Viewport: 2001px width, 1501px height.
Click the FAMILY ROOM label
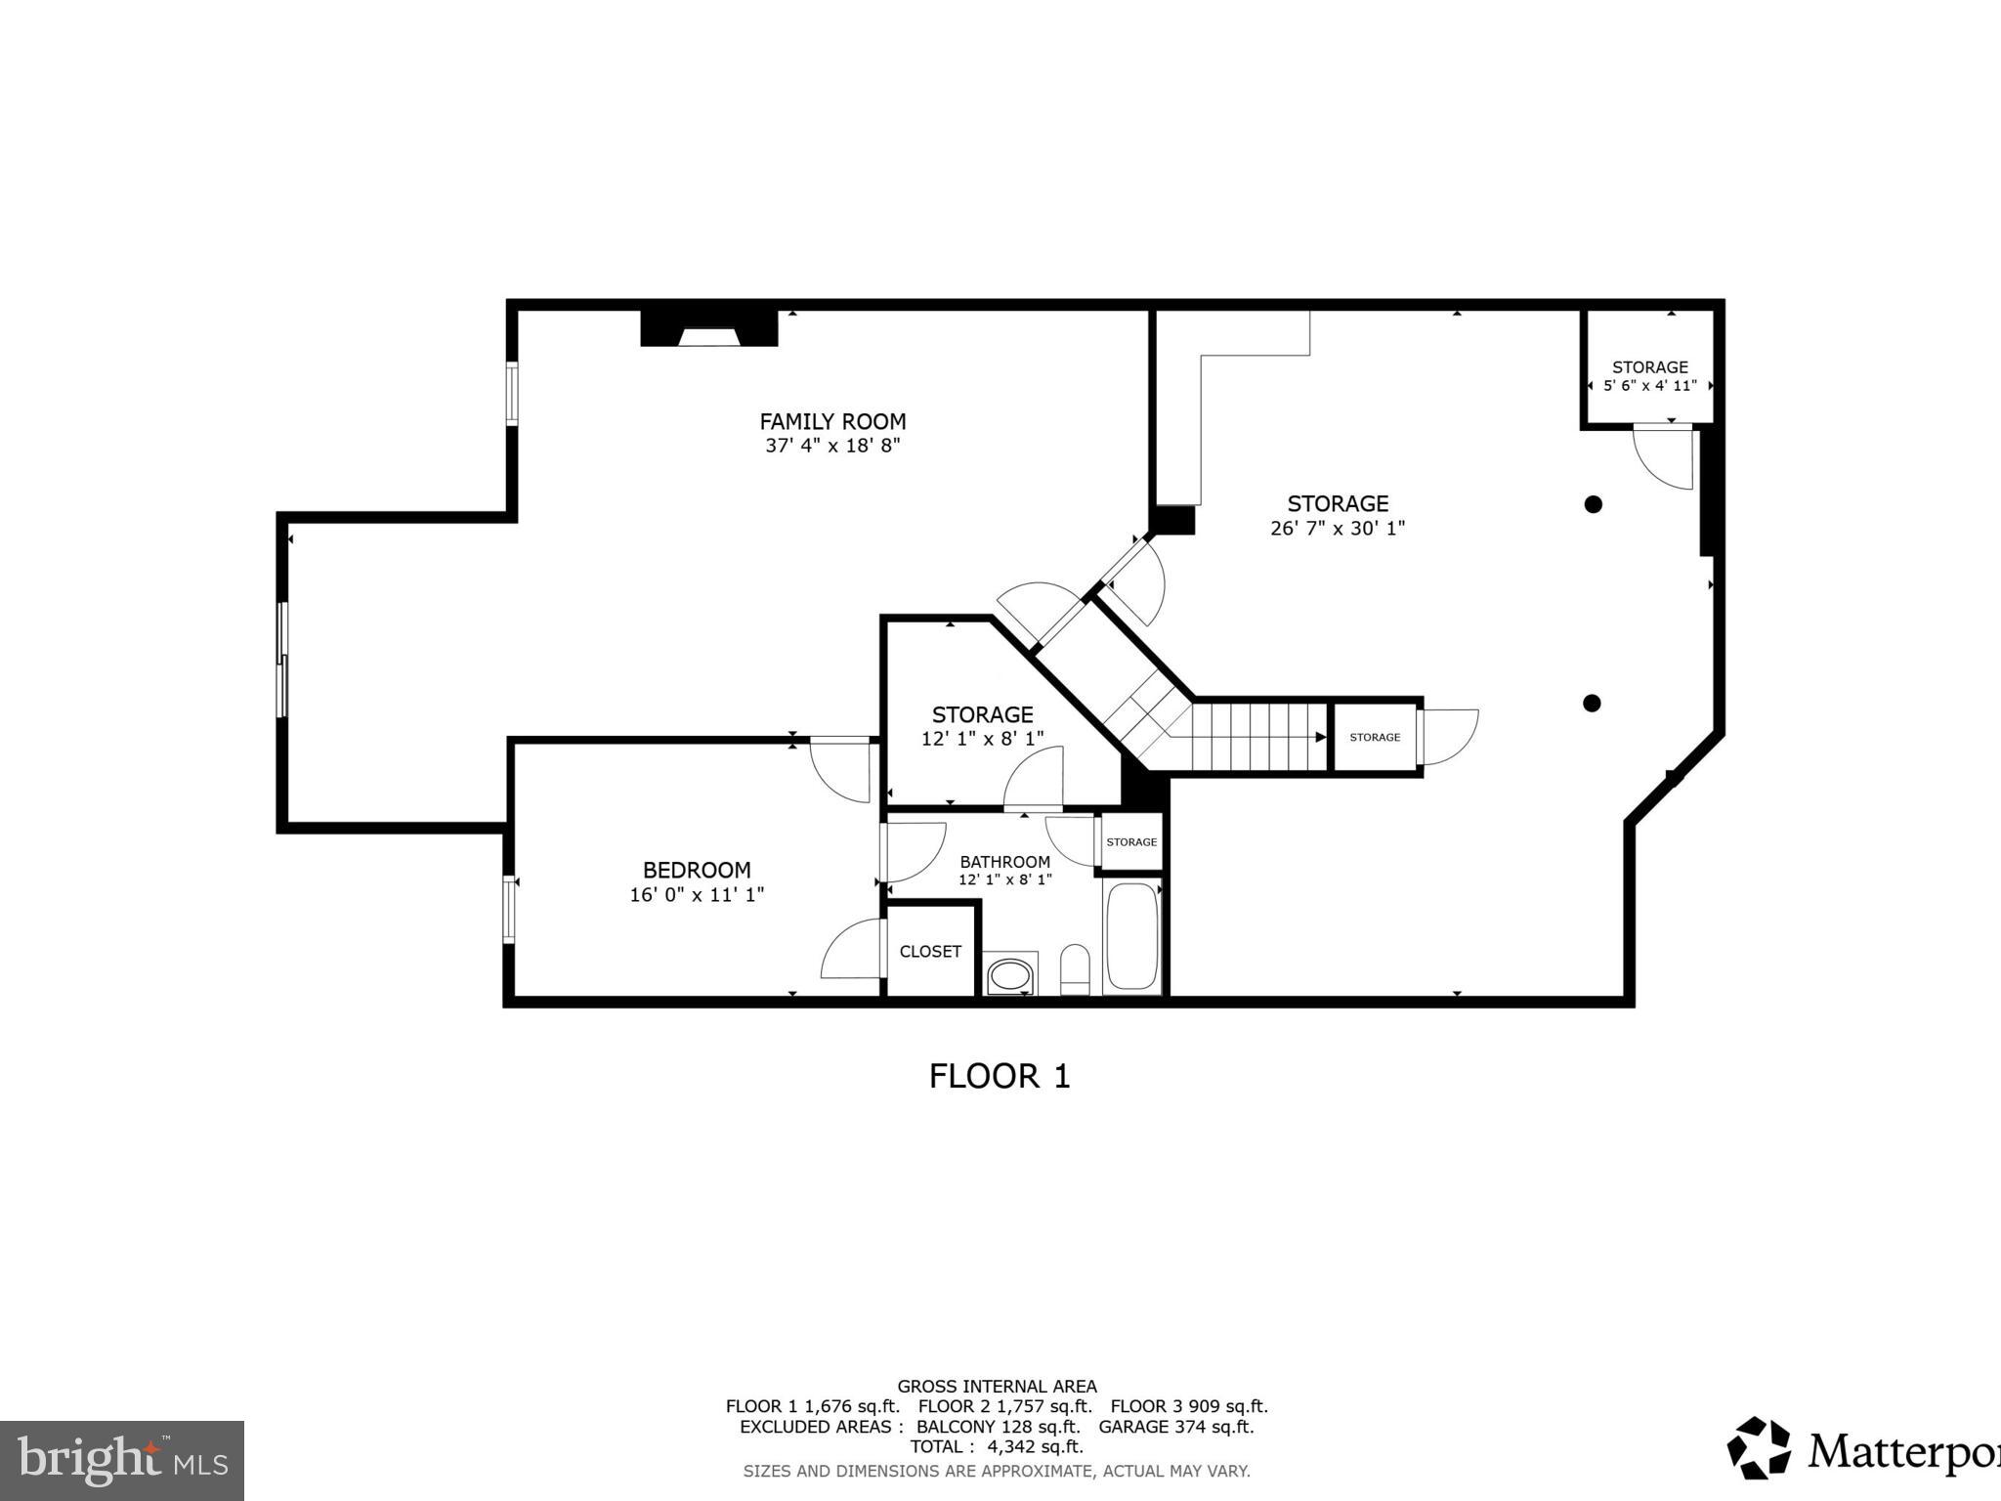point(832,421)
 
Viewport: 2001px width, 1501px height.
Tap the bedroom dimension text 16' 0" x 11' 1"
point(697,894)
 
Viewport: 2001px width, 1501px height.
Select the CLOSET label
point(930,951)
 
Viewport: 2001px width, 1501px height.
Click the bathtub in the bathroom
point(1132,937)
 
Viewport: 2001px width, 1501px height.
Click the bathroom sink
point(1009,974)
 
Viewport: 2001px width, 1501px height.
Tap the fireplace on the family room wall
point(709,329)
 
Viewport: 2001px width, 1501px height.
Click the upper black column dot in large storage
point(1593,504)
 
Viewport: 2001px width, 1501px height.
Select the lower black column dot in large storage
point(1592,703)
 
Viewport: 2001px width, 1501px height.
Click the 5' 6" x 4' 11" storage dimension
point(1649,386)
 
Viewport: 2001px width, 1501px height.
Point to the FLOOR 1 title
point(1000,1076)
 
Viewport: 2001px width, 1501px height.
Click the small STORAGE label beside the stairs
point(1375,738)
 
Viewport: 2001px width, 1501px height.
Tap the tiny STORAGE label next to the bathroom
point(1131,842)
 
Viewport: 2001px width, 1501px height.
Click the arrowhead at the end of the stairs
point(1320,738)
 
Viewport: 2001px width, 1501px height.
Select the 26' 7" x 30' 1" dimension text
point(1337,529)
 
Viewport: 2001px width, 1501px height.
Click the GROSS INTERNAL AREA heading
point(997,1386)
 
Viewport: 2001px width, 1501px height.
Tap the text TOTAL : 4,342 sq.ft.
point(997,1446)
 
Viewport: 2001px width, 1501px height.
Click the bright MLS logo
point(122,1460)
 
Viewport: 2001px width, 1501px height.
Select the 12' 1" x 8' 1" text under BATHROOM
point(1004,879)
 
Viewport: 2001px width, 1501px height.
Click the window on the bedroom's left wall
point(509,909)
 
